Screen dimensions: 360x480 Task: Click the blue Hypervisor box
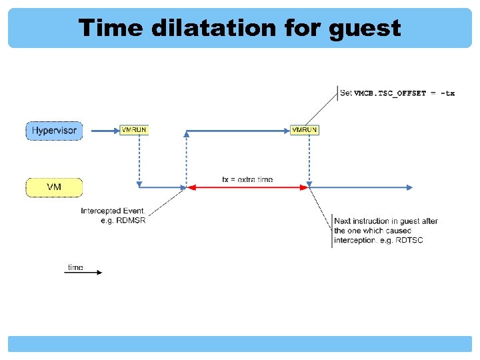[x=54, y=130]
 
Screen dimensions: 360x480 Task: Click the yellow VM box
[x=54, y=187]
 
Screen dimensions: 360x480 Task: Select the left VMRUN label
[x=134, y=130]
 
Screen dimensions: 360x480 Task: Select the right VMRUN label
[x=305, y=130]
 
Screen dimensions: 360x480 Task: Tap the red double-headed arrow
[x=247, y=188]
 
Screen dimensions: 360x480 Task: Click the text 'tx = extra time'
[x=247, y=179]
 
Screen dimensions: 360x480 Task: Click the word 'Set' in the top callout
[x=346, y=93]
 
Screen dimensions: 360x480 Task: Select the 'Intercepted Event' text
[x=113, y=211]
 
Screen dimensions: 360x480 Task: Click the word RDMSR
[x=131, y=221]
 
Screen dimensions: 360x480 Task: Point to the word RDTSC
[x=409, y=240]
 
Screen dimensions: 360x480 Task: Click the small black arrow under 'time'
[x=83, y=273]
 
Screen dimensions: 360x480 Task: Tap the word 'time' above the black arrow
[x=75, y=267]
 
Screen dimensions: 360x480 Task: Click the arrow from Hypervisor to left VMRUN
[x=104, y=131]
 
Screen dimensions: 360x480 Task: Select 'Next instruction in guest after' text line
[x=386, y=221]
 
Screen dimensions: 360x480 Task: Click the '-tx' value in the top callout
[x=447, y=93]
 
